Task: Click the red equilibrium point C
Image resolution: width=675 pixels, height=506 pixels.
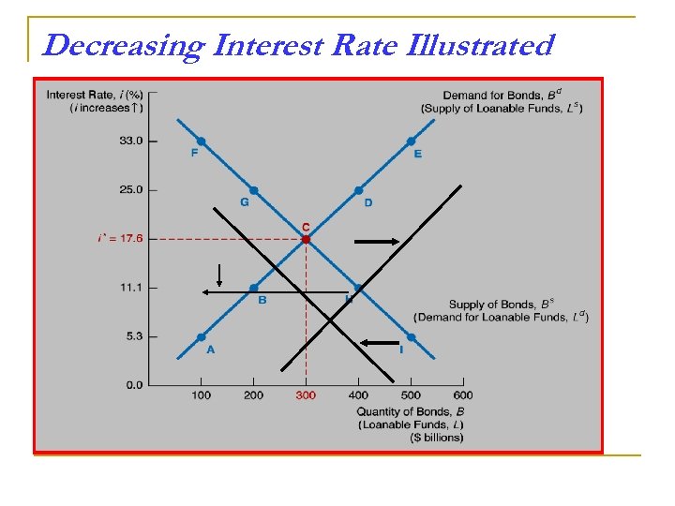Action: (x=306, y=239)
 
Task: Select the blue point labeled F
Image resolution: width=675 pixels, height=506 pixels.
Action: (x=201, y=141)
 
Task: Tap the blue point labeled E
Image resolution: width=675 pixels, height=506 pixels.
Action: (x=411, y=141)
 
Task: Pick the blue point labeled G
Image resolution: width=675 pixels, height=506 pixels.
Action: (x=253, y=190)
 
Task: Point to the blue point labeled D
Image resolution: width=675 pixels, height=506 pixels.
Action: (x=358, y=190)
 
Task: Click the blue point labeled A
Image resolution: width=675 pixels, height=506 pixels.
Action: (x=201, y=336)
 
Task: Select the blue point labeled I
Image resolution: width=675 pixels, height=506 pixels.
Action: (x=411, y=336)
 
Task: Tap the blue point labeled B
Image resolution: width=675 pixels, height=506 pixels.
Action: (x=253, y=288)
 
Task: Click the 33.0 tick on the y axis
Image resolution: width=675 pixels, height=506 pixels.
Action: (x=130, y=141)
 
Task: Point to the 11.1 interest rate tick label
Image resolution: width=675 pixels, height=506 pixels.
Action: (x=130, y=288)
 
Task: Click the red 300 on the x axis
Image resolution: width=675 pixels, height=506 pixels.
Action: (x=306, y=395)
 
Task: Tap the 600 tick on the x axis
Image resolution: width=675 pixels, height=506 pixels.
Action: (x=463, y=395)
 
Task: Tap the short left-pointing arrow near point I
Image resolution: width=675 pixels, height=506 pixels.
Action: (x=381, y=344)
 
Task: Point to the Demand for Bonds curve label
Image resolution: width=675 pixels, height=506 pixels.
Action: (x=502, y=94)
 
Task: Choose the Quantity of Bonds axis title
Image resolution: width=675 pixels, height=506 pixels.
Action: (x=411, y=411)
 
